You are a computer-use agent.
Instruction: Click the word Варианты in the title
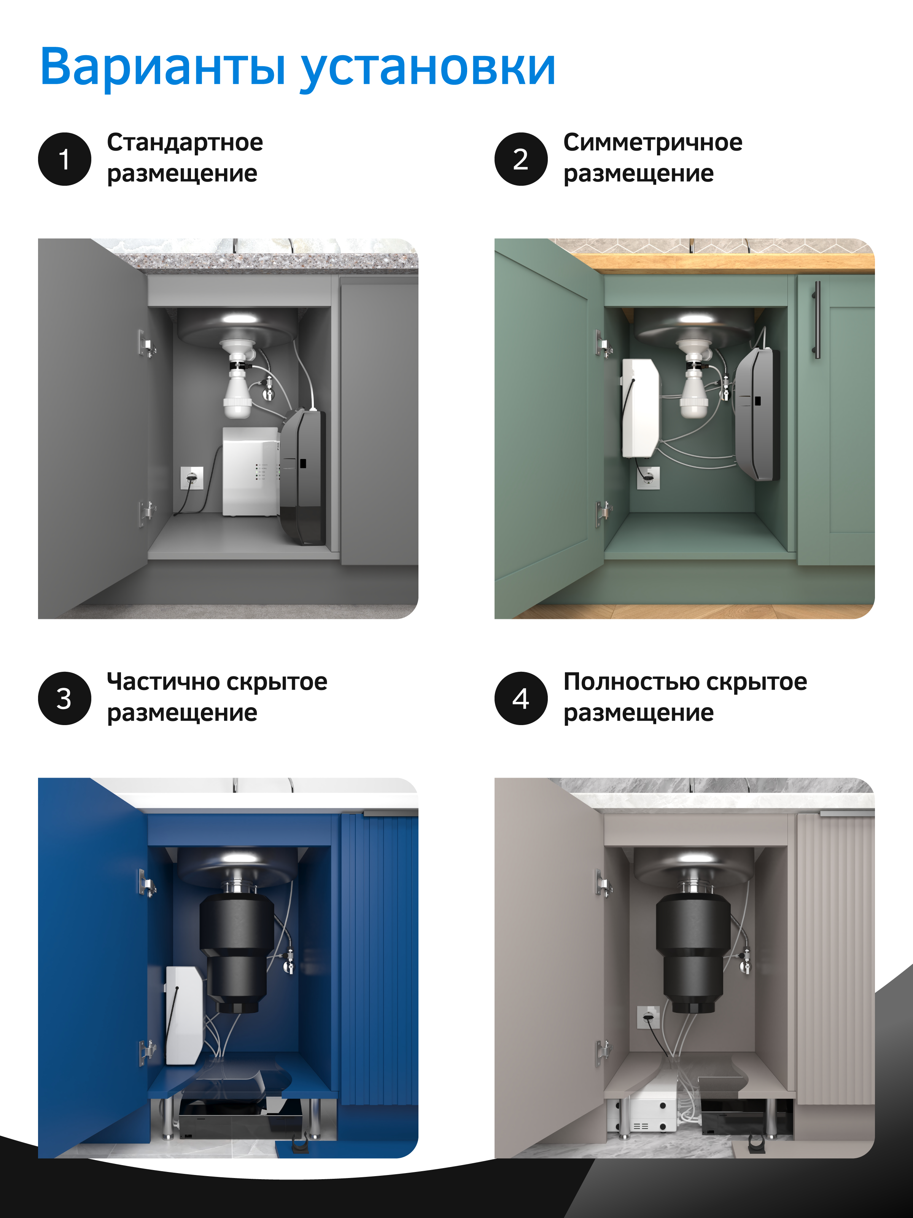tap(163, 67)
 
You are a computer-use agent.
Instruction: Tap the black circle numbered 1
tap(64, 159)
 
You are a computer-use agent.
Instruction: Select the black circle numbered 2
tap(521, 159)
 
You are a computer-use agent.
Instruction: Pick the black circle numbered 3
tap(64, 698)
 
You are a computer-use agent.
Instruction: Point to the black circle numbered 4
tap(521, 698)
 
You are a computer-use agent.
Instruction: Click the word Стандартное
tap(185, 143)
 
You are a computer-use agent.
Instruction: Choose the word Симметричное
tap(653, 143)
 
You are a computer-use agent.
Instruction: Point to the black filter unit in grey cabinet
tap(302, 477)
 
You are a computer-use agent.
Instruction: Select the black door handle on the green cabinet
tap(818, 320)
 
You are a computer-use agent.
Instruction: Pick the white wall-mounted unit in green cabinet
tap(640, 408)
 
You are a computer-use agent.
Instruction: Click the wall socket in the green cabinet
tap(648, 477)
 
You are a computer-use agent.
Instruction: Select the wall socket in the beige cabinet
tap(648, 1017)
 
